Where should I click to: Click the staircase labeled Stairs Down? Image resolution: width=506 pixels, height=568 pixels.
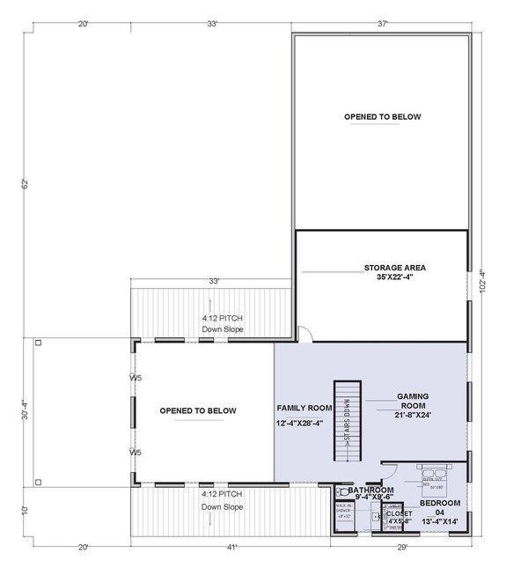point(348,422)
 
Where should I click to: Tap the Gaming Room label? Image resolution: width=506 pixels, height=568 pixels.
point(413,403)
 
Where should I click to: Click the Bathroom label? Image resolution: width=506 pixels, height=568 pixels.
point(370,490)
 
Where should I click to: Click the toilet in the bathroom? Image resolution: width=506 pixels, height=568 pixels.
point(341,491)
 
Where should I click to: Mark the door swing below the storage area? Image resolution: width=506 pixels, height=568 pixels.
point(302,334)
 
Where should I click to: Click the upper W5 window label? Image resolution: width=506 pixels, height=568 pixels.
point(136,378)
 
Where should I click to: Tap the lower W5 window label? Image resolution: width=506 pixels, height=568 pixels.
point(136,452)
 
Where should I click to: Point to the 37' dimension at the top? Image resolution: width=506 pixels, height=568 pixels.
point(383,24)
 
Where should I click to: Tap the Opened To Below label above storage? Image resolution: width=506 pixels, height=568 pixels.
point(382,116)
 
